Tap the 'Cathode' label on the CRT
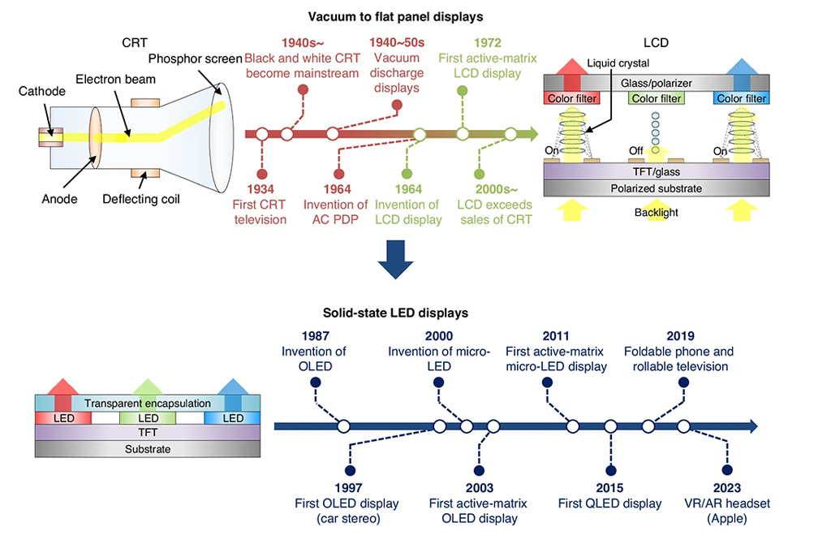click(x=41, y=92)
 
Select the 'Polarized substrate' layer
click(x=656, y=188)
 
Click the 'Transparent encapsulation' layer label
click(x=147, y=403)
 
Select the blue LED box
click(x=233, y=417)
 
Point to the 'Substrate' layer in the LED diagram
click(x=147, y=448)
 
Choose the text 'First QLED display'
click(x=609, y=503)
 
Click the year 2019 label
click(x=679, y=337)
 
